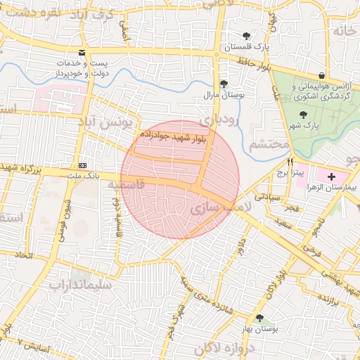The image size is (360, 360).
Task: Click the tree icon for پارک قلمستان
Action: tap(245, 36)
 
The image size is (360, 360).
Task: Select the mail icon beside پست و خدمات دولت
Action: tap(83, 53)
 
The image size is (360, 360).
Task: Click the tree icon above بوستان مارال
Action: tap(224, 83)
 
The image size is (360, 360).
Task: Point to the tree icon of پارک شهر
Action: tap(303, 114)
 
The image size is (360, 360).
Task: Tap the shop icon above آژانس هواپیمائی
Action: tap(321, 75)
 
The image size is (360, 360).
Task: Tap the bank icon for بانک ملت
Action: tap(84, 165)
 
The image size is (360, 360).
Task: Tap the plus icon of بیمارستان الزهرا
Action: tap(331, 174)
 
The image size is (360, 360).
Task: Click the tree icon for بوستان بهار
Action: tap(260, 319)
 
